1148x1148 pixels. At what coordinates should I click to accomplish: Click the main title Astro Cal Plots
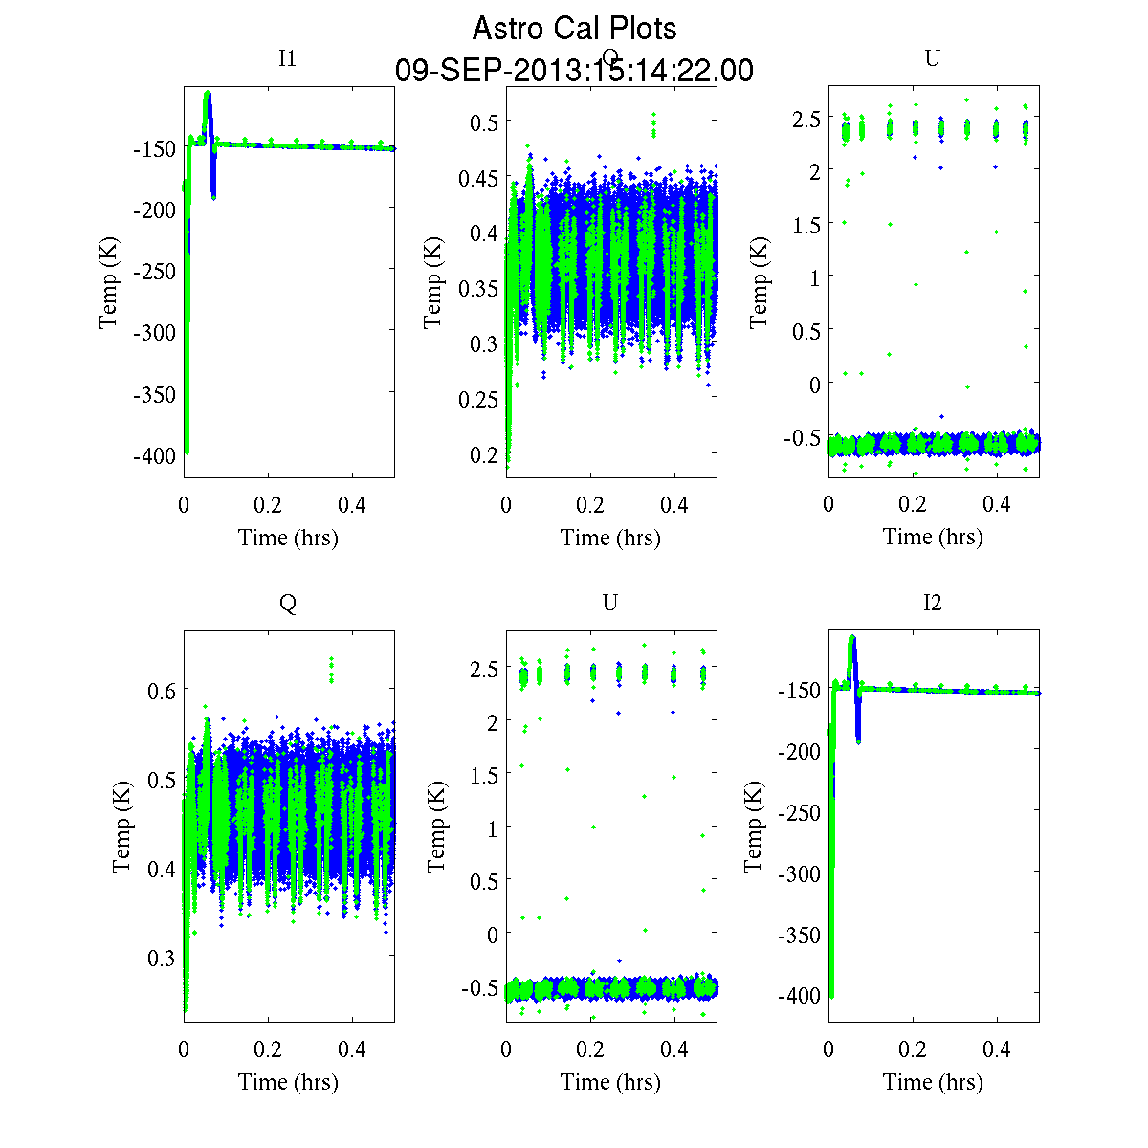(x=574, y=29)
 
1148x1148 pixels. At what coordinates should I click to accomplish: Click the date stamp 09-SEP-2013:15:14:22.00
(x=574, y=71)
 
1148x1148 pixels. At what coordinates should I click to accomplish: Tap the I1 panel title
(x=287, y=58)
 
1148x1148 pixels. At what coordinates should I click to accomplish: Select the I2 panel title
(x=932, y=603)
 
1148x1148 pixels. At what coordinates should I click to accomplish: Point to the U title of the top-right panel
(x=932, y=58)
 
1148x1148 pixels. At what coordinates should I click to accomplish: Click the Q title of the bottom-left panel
(x=287, y=603)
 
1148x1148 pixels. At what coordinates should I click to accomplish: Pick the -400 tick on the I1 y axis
(x=153, y=456)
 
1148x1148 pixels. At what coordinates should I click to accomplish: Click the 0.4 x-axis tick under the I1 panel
(x=352, y=505)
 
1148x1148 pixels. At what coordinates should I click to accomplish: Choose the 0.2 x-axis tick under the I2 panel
(x=913, y=1049)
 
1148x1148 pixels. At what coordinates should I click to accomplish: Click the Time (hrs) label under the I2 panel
(x=933, y=1082)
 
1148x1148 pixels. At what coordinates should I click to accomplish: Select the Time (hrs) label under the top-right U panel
(x=933, y=538)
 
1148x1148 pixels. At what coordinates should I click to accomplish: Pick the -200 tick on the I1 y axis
(x=153, y=210)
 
